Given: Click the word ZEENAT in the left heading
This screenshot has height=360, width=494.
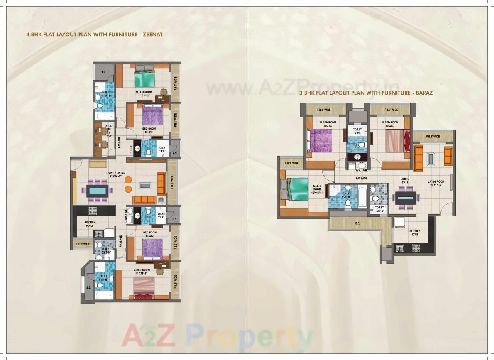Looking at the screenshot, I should (x=152, y=34).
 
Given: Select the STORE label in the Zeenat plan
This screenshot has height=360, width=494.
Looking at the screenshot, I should (x=131, y=149).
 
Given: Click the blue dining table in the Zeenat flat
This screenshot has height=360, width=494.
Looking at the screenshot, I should (x=98, y=191).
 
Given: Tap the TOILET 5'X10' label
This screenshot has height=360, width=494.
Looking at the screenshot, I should (x=162, y=150).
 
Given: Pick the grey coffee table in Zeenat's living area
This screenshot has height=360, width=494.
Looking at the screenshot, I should (x=145, y=186).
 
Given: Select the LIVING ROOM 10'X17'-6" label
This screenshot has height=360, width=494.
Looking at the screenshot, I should (x=436, y=183).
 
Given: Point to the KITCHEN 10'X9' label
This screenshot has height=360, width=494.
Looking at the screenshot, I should (x=415, y=233).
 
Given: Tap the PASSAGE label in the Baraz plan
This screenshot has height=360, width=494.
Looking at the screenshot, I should (x=362, y=178).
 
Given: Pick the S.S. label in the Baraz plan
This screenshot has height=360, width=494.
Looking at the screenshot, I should (x=357, y=223).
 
